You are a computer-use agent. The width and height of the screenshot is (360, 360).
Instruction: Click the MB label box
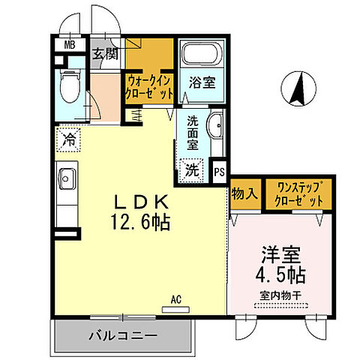[68, 43]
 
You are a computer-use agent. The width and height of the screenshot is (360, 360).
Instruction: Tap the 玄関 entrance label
[103, 54]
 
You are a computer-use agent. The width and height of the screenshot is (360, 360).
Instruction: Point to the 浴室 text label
[202, 83]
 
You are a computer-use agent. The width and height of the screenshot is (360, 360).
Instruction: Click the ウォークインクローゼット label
[151, 88]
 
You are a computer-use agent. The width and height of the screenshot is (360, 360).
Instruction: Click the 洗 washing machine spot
[193, 170]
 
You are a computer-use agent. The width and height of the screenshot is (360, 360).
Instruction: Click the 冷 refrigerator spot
[69, 138]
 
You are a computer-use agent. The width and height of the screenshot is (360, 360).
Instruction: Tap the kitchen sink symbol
[65, 180]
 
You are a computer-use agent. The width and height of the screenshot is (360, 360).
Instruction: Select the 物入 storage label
[244, 194]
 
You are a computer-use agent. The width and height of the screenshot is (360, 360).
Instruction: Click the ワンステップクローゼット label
[300, 195]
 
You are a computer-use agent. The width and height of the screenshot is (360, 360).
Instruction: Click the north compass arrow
[298, 91]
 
